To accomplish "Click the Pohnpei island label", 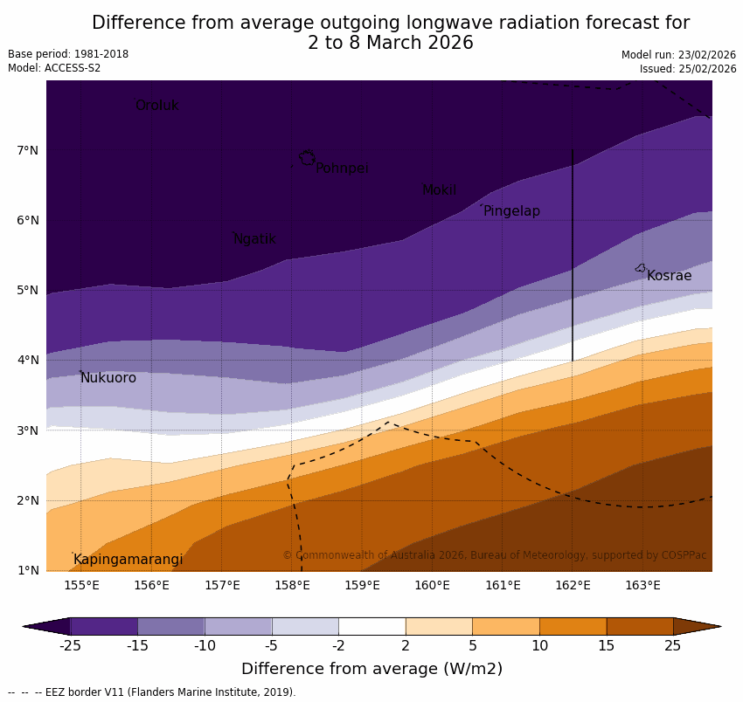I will click(342, 169).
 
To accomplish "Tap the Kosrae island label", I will click(669, 276).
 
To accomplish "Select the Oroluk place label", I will click(157, 106).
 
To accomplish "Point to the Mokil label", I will click(439, 190).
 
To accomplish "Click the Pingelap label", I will click(511, 211).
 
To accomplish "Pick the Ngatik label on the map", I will click(254, 239).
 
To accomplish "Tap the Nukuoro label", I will click(108, 378).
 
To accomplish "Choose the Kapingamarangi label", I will click(128, 560).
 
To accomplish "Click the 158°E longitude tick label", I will click(292, 585).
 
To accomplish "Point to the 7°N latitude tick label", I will click(27, 150).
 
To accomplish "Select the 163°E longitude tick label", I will click(642, 585).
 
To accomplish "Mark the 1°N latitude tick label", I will click(27, 570).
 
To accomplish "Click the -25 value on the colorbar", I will click(70, 646).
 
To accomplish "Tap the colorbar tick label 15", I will click(607, 646).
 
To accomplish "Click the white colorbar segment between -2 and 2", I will click(371, 626).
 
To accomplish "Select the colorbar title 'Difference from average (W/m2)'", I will click(371, 670).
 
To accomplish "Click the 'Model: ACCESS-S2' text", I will click(54, 68).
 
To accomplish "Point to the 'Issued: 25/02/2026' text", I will click(687, 69).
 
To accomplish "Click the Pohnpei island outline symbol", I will click(307, 158).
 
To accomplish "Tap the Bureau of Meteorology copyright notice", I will click(494, 555).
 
